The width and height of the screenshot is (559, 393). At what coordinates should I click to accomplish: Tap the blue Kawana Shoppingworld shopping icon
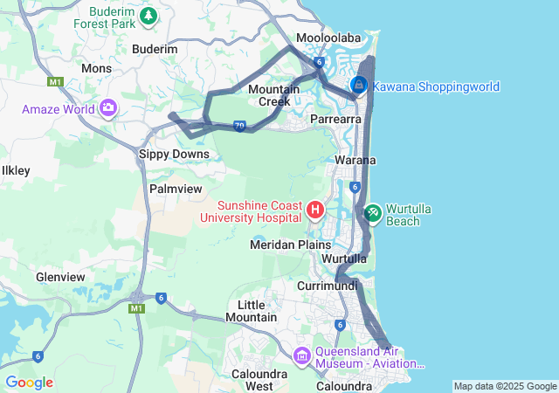click(359, 86)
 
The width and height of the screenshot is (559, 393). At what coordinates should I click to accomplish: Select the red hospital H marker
click(316, 210)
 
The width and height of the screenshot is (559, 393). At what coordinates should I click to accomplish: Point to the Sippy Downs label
click(175, 154)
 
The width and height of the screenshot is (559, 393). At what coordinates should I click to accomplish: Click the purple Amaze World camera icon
click(108, 108)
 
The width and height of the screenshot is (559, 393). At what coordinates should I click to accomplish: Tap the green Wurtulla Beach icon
click(373, 211)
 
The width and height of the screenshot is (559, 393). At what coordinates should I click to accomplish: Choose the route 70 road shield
click(239, 127)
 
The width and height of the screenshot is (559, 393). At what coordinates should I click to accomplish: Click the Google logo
click(29, 383)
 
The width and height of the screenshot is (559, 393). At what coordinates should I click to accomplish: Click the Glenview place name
click(60, 277)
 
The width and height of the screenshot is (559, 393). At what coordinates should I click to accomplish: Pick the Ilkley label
click(16, 170)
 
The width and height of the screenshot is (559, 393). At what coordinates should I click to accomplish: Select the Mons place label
click(96, 68)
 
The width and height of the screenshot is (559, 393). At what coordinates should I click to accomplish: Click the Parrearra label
click(336, 118)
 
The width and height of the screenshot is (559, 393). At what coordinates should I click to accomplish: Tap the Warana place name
click(355, 161)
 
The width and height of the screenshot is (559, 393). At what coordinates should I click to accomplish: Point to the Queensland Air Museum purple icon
click(302, 355)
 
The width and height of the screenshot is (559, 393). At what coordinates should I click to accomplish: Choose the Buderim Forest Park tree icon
click(149, 15)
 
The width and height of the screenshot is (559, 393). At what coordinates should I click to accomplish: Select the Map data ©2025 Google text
click(505, 386)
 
